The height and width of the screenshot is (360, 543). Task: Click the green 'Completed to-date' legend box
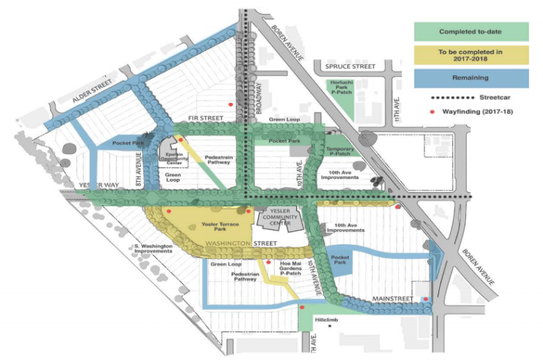click(x=471, y=32)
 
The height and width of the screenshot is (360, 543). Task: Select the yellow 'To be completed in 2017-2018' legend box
click(x=471, y=55)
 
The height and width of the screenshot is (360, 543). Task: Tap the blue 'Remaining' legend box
click(x=471, y=78)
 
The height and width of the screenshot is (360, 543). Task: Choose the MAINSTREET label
click(x=392, y=299)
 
